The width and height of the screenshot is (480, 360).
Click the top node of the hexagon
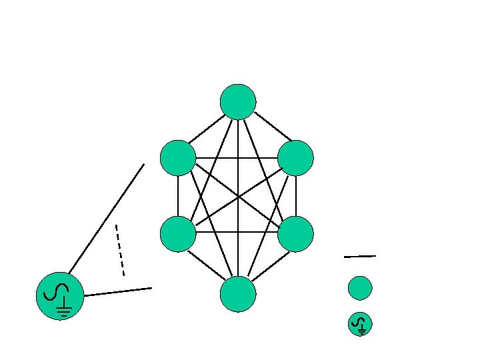click(238, 101)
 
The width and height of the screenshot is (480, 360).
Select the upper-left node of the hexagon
click(178, 158)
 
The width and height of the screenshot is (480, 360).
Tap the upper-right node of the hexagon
click(295, 158)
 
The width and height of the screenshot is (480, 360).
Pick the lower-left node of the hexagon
click(178, 233)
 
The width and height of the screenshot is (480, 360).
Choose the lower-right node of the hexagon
click(295, 233)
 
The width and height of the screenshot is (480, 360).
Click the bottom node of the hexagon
click(238, 294)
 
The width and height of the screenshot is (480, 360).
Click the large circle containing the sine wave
click(59, 295)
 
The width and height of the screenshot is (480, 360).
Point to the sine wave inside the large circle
click(54, 291)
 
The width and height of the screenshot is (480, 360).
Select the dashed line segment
click(120, 250)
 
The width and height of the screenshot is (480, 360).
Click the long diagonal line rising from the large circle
click(107, 217)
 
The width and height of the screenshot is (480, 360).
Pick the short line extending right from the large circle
click(118, 291)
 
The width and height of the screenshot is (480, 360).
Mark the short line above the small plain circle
click(360, 256)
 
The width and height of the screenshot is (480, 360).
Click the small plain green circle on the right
click(360, 288)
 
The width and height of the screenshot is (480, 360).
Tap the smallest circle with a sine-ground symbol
click(360, 325)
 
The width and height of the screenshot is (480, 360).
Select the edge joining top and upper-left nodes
click(207, 129)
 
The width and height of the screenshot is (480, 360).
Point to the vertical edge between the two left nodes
click(178, 196)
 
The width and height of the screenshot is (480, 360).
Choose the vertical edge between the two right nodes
click(295, 196)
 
